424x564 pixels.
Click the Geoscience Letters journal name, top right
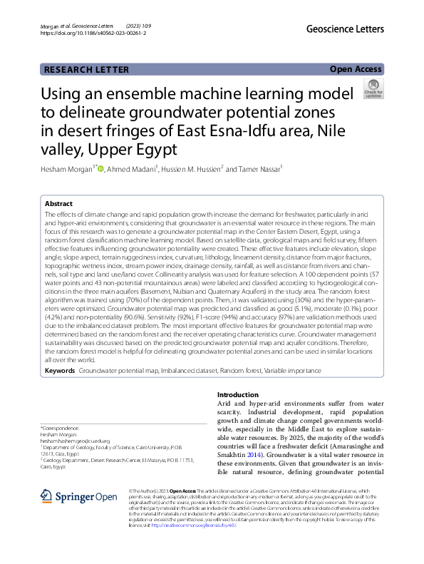tap(345, 29)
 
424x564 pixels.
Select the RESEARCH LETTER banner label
tap(87, 69)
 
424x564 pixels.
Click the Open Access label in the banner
tap(356, 69)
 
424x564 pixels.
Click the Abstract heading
tap(58, 203)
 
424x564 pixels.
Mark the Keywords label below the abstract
tap(60, 371)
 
